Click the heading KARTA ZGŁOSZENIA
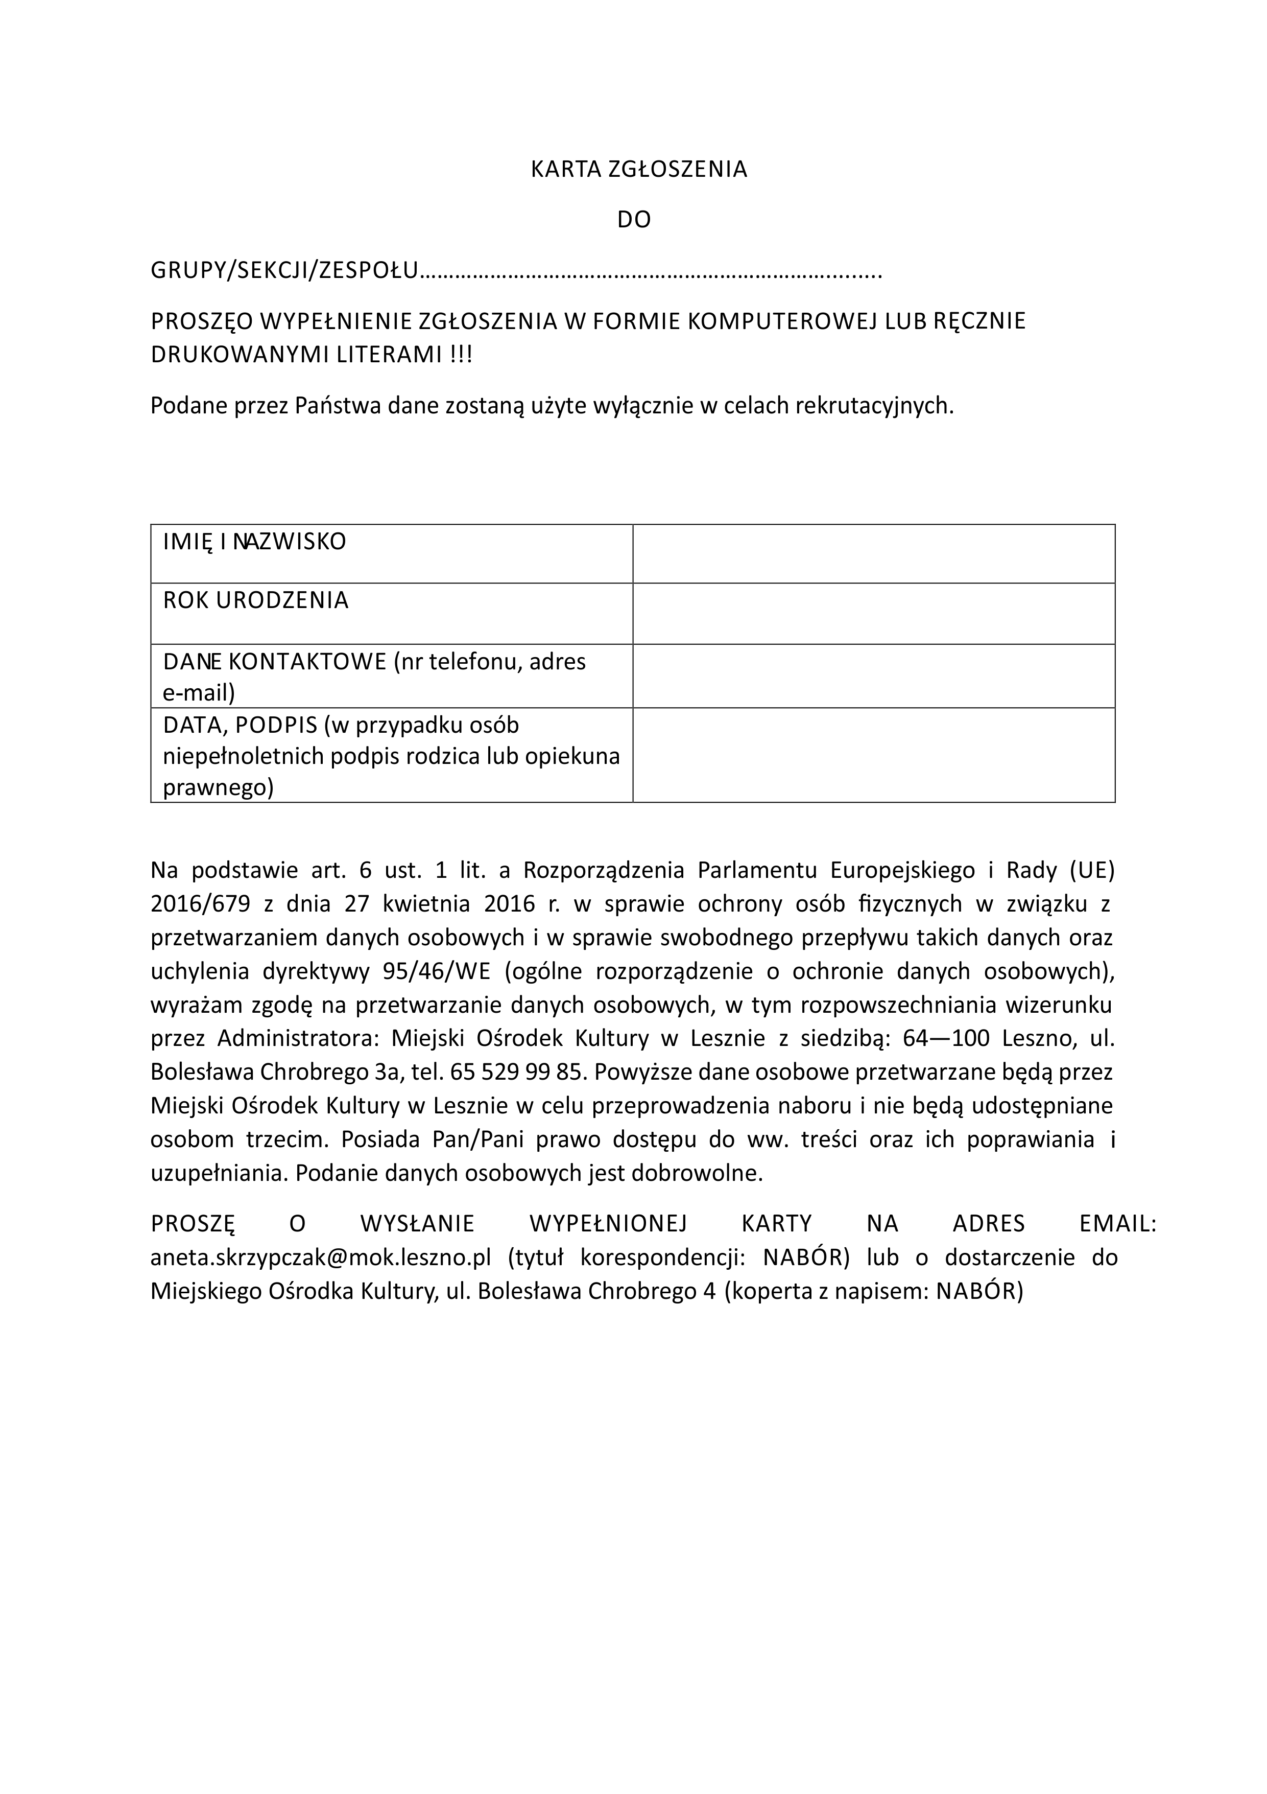638,170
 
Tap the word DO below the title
633,220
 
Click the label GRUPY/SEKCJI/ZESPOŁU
284,271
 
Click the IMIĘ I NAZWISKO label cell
255,542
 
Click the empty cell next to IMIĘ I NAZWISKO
873,553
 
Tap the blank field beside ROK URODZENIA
873,613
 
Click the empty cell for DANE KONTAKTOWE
873,676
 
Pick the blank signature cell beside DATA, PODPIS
873,755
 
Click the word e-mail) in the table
199,693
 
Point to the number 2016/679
200,904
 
